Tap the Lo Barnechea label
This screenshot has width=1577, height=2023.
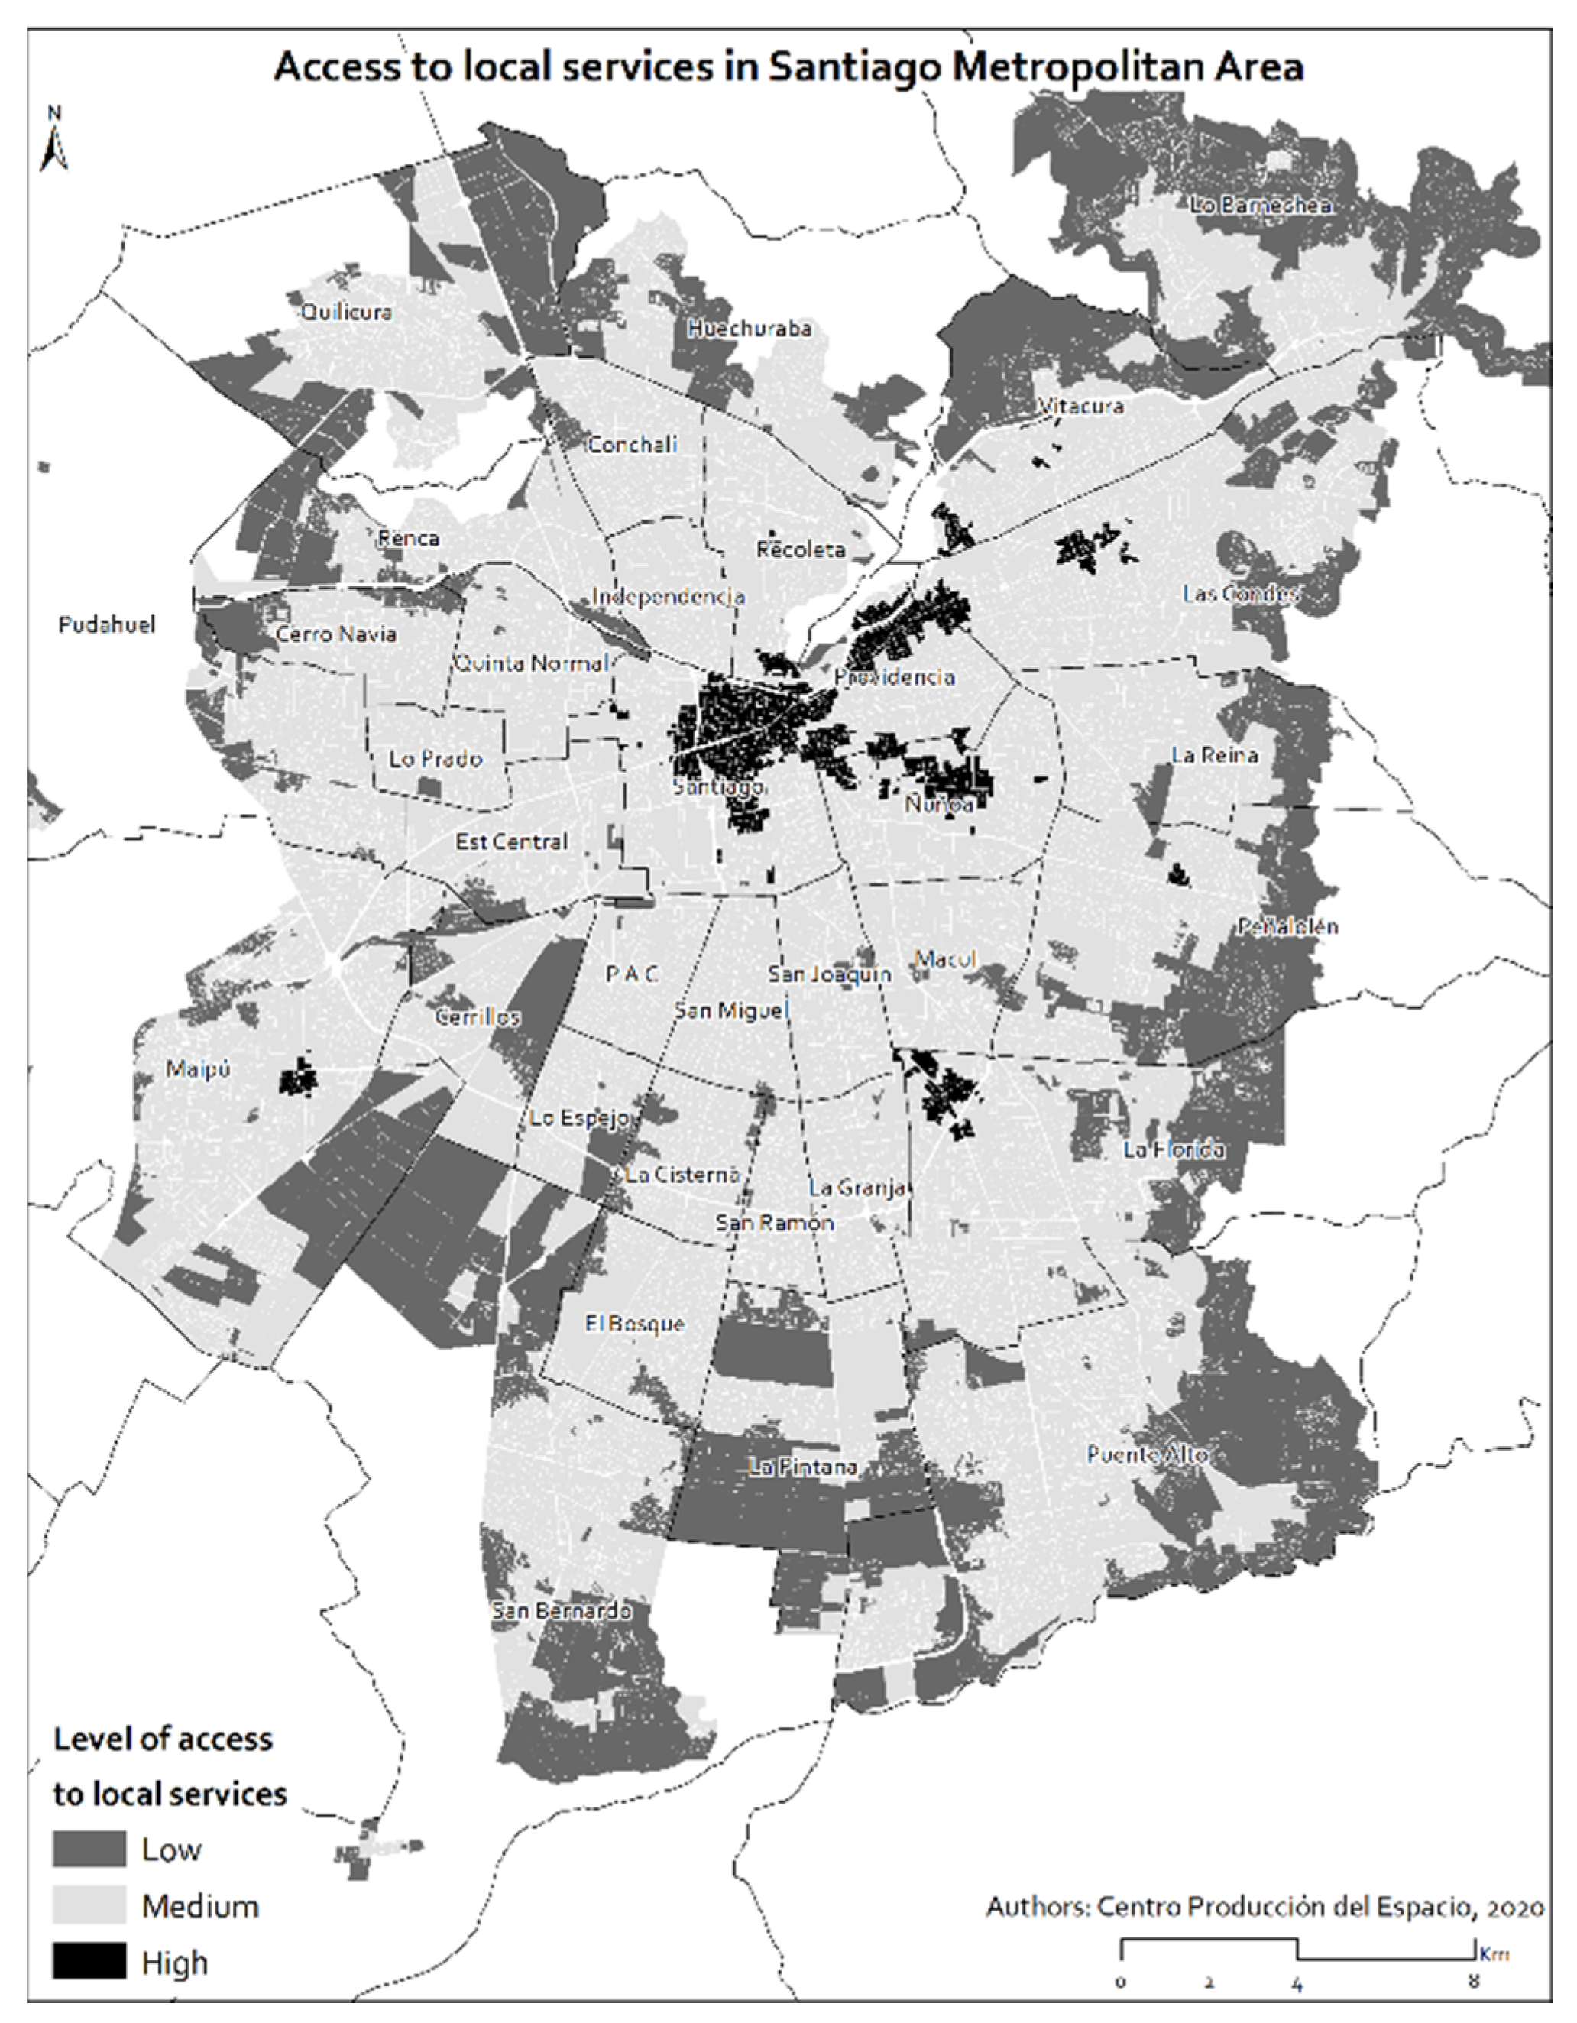click(1261, 206)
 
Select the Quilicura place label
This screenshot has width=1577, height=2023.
click(346, 312)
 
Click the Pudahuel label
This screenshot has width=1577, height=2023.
click(106, 625)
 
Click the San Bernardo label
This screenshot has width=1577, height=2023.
click(561, 1611)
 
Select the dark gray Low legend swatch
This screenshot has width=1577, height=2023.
click(89, 1849)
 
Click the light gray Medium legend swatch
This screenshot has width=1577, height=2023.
click(89, 1905)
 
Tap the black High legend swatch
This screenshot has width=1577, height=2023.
click(89, 1961)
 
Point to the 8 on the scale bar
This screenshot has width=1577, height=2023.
click(1472, 1983)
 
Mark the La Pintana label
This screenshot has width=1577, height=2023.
click(803, 1467)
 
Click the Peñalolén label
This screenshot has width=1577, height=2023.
click(1287, 926)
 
